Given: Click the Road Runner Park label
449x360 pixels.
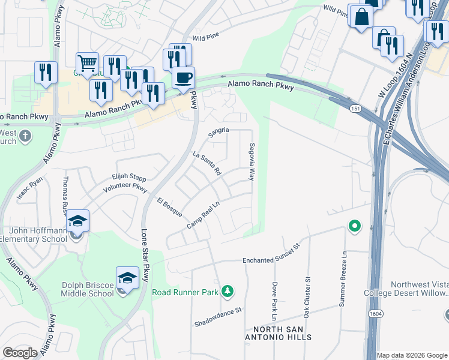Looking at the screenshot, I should [184, 292].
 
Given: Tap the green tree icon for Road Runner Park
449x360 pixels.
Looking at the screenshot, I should [227, 292].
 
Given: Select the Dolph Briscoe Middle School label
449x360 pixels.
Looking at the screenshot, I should [87, 289].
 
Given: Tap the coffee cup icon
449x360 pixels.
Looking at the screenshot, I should [183, 78].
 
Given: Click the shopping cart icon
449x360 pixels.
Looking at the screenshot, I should [87, 63].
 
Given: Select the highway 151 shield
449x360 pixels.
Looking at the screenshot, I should [356, 106].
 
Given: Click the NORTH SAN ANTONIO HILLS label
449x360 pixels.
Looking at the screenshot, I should [282, 333].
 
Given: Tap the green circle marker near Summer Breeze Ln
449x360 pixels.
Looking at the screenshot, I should [354, 226].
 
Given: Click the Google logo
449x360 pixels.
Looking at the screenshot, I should [20, 352].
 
